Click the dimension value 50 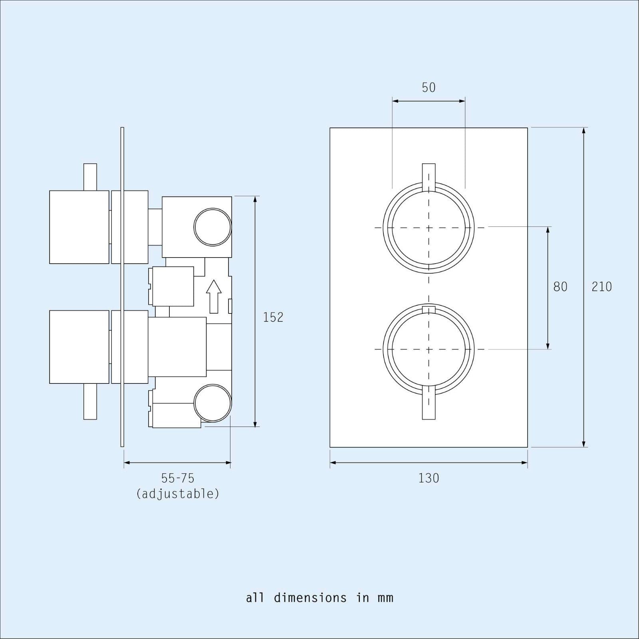[x=429, y=87]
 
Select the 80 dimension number [x=560, y=287]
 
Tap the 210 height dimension [x=601, y=287]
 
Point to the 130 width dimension [x=429, y=478]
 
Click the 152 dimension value [x=273, y=317]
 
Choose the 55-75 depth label [x=178, y=478]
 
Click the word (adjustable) [x=178, y=494]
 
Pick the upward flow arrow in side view [x=214, y=296]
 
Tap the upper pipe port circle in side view [x=212, y=227]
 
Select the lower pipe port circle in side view [x=212, y=403]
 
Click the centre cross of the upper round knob [x=429, y=228]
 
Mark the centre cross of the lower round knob [x=429, y=349]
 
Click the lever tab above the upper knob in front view [x=429, y=176]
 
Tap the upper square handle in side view [x=79, y=227]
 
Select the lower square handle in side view [x=79, y=347]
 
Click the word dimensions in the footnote [x=310, y=598]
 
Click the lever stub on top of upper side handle [x=90, y=177]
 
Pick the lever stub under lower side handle [x=90, y=401]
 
